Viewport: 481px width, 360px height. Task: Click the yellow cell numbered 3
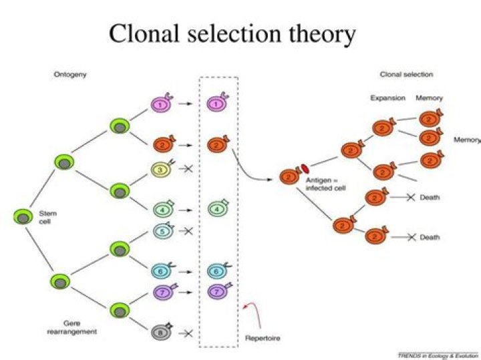coord(161,170)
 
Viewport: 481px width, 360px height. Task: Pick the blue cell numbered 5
coord(161,230)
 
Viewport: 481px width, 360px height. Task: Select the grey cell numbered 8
coord(161,331)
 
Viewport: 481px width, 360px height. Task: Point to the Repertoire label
coord(263,339)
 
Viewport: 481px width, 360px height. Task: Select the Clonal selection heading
coord(406,74)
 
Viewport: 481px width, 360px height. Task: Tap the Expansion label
coord(388,98)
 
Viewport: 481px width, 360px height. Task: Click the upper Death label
coord(430,198)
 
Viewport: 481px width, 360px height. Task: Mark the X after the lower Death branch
coord(411,237)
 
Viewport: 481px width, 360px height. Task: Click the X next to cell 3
coord(188,170)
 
